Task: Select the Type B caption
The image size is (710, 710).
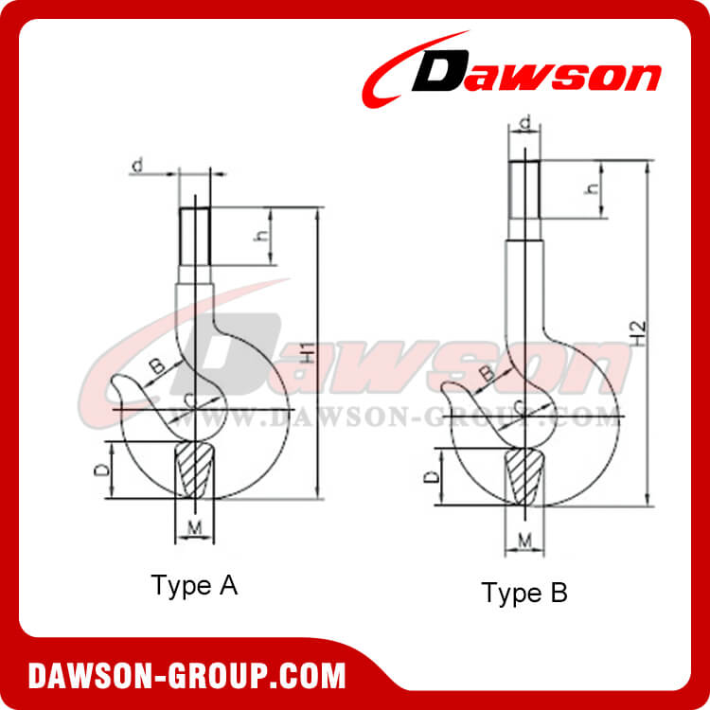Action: point(525,594)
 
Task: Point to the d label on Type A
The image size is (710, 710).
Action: point(138,167)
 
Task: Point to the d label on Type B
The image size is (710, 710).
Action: point(525,121)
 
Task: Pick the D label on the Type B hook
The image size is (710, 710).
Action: point(431,478)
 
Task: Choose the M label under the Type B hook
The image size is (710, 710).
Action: point(524,540)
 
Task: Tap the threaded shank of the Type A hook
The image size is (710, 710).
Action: point(194,237)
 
